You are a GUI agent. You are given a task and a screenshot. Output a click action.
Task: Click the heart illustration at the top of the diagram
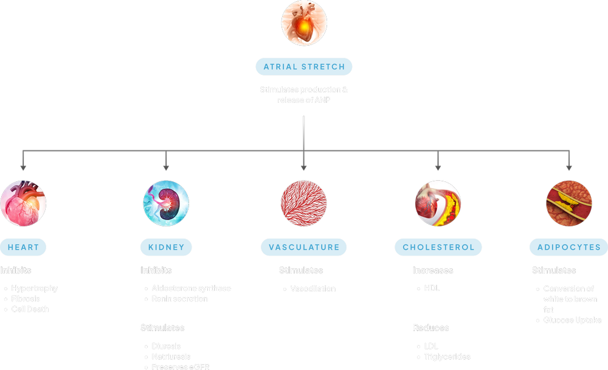(x=304, y=24)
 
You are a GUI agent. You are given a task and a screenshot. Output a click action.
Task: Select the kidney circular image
(x=166, y=203)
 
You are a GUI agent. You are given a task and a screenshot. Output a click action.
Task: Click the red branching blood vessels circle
(x=304, y=203)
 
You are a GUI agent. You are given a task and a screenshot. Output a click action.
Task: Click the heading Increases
(x=433, y=270)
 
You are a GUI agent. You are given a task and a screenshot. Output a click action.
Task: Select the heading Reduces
(x=431, y=328)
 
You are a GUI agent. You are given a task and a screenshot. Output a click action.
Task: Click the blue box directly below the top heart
(x=304, y=66)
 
